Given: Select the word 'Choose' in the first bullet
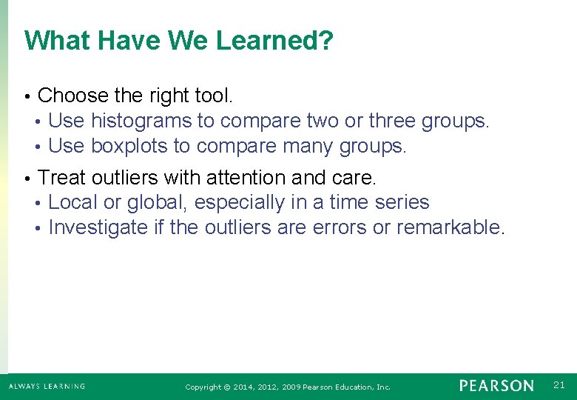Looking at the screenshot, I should (72, 96).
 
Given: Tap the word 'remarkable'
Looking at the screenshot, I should (448, 227).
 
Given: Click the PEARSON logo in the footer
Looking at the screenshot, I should (496, 386).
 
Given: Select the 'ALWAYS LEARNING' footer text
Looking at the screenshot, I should (47, 386).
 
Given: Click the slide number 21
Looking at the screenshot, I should (559, 384).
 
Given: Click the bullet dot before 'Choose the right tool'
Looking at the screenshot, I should (27, 97).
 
